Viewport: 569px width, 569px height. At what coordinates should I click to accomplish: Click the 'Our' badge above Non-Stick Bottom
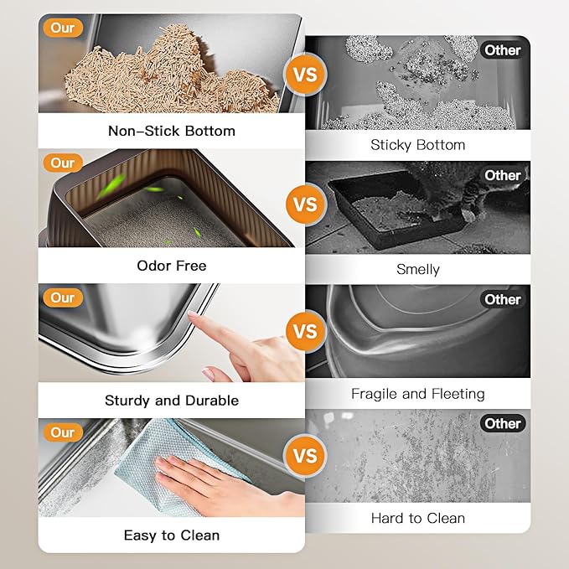tap(63, 28)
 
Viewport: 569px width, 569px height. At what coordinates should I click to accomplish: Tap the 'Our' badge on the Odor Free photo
tap(63, 163)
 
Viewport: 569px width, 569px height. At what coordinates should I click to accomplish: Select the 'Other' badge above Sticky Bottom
tap(503, 50)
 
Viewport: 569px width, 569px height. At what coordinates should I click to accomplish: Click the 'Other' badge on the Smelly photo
tap(503, 175)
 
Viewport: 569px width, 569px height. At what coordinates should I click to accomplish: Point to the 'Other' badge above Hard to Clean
tap(503, 423)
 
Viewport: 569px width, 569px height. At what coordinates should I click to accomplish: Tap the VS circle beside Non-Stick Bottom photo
tap(306, 75)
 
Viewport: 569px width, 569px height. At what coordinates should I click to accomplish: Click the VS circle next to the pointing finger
tap(306, 331)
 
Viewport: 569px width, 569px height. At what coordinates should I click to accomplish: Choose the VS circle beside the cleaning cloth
tap(306, 456)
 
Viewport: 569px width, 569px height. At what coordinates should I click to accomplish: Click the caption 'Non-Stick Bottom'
tap(172, 131)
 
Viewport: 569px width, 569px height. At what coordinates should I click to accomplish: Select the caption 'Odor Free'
tap(172, 266)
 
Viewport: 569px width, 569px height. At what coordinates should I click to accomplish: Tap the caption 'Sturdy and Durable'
tap(172, 401)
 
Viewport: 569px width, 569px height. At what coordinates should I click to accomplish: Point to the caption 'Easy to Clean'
tap(172, 535)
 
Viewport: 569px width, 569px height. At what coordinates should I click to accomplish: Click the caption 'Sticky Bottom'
tap(417, 145)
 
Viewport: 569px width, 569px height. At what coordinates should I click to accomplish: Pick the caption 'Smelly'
tap(417, 269)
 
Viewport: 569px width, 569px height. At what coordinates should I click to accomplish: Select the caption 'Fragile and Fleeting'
tap(417, 394)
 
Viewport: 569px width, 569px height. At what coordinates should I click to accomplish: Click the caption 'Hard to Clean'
tap(417, 518)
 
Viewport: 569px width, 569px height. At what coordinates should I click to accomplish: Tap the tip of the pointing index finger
tap(190, 314)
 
